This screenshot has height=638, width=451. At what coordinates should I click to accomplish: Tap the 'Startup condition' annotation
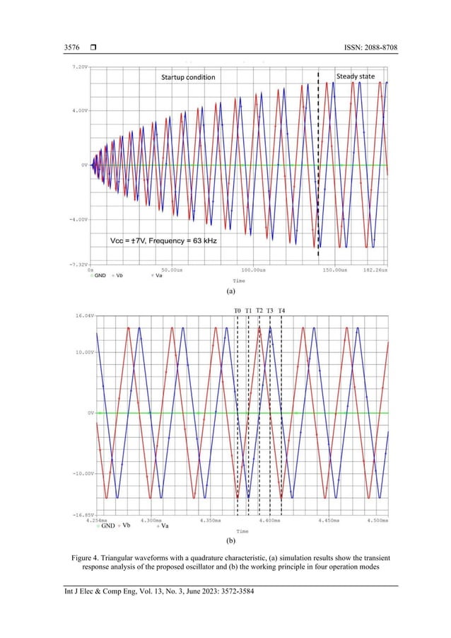click(187, 76)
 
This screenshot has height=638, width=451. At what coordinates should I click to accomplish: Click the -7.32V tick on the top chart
click(76, 264)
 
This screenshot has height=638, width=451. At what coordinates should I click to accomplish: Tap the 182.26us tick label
click(376, 270)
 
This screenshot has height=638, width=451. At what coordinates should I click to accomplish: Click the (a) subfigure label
click(230, 291)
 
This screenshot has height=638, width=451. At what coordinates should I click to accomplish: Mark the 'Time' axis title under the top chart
click(238, 280)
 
